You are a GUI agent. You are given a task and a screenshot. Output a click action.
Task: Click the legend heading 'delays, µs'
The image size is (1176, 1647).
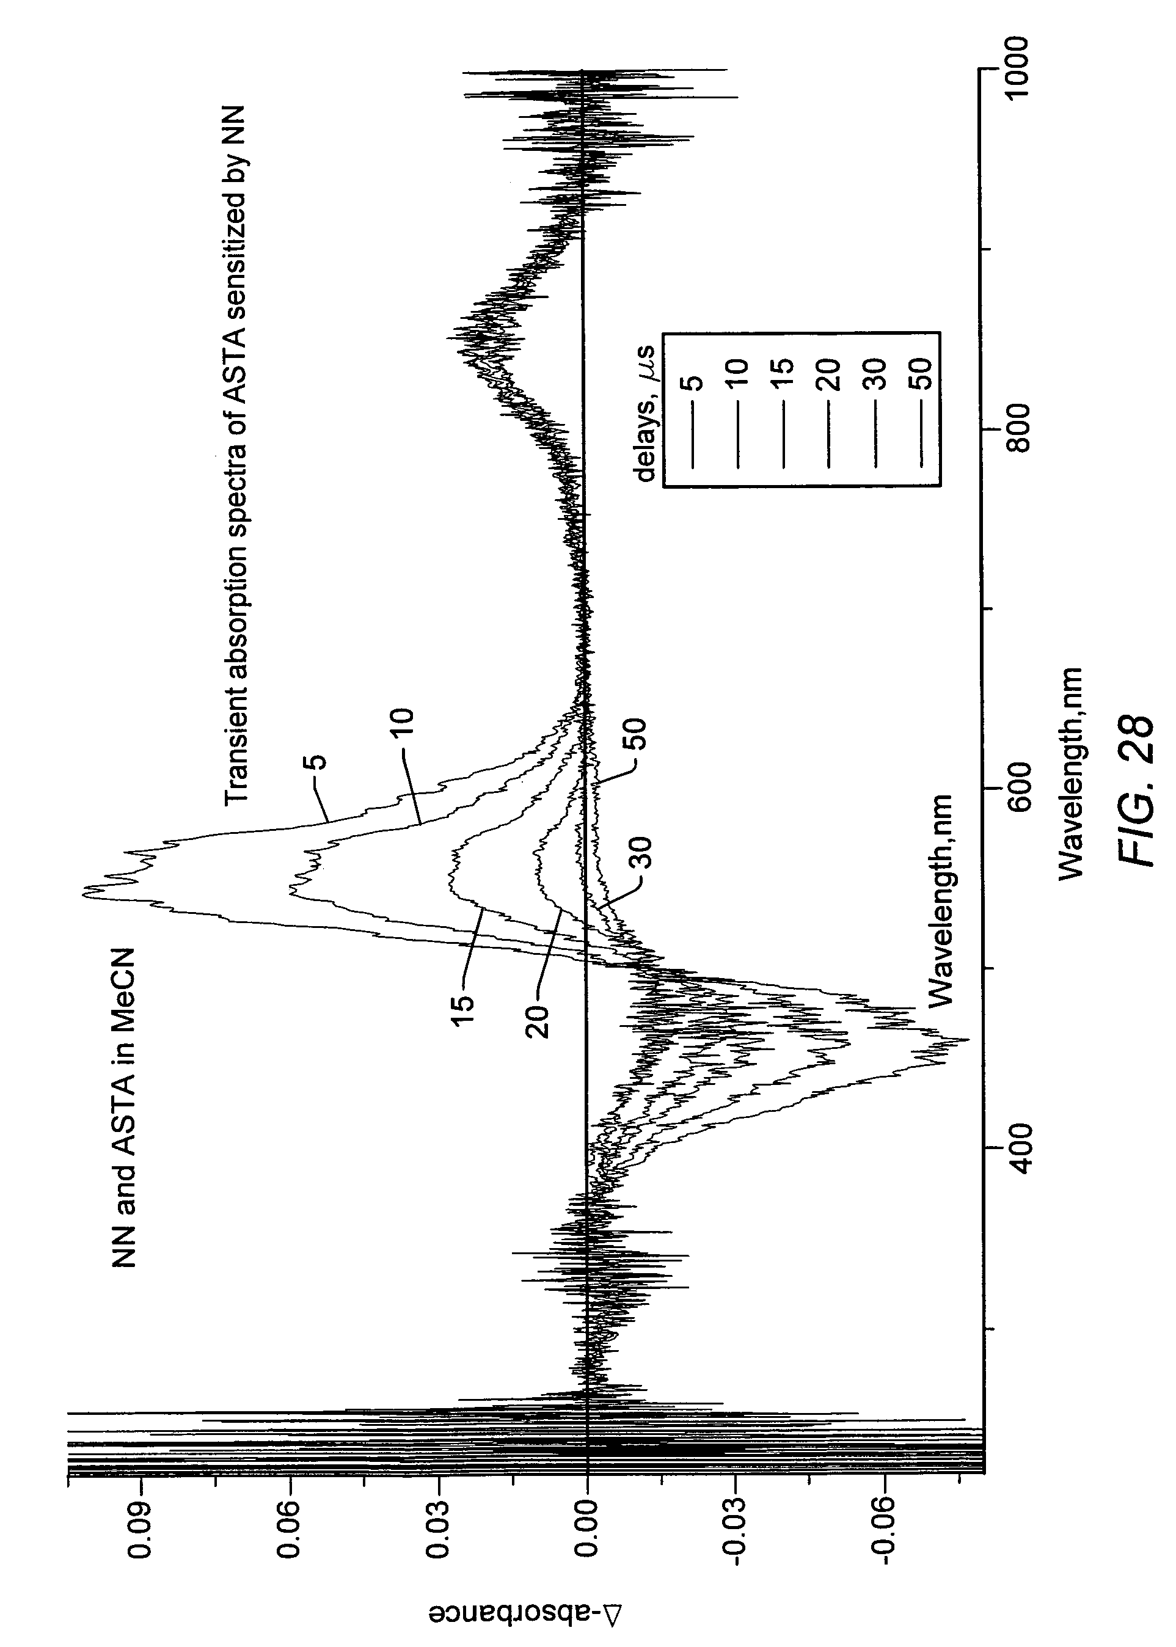(645, 412)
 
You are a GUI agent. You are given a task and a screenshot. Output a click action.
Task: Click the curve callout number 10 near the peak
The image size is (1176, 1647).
(403, 724)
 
